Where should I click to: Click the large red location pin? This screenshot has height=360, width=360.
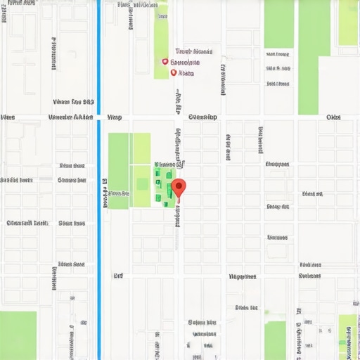179,188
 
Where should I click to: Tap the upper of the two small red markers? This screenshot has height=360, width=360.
165,62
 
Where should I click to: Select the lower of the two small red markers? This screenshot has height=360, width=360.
173,72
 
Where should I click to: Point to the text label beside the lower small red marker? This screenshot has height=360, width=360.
186,72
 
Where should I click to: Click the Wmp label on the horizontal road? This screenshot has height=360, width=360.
115,117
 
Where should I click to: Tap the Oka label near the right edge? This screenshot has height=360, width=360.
333,117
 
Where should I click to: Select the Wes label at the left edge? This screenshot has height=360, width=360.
8,117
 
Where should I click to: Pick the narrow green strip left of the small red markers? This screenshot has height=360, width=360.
161,39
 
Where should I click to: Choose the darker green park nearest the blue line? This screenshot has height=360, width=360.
118,170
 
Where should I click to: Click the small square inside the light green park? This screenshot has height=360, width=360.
142,184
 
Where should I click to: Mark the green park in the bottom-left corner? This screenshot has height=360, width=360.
18,335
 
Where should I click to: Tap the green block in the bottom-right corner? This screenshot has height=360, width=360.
347,337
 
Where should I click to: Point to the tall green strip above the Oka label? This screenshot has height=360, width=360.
314,56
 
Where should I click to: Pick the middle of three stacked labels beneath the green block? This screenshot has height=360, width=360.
279,69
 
